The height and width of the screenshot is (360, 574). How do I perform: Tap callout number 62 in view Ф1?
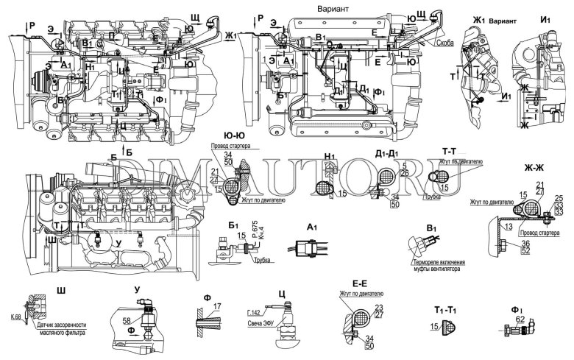(x=519, y=320)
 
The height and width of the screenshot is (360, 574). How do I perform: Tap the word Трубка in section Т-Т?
(x=433, y=198)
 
